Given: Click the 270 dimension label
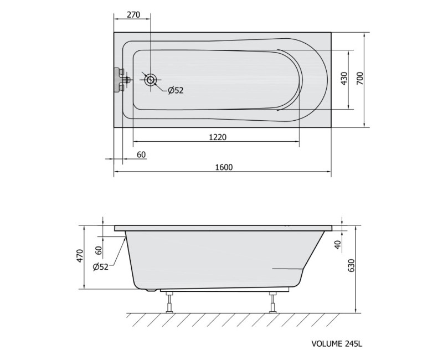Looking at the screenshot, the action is [133, 15].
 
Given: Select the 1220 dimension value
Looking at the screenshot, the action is [218, 137].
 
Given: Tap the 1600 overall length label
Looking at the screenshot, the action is [224, 167].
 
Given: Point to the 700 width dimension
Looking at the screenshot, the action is [359, 78].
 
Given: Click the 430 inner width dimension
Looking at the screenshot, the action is [344, 79].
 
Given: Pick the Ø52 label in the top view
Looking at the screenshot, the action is [176, 90].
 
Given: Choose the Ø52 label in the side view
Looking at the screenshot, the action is [100, 267].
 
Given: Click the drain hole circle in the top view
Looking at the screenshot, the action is [150, 80].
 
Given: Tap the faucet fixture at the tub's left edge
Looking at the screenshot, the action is [121, 80].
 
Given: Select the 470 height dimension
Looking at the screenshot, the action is [80, 255].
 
